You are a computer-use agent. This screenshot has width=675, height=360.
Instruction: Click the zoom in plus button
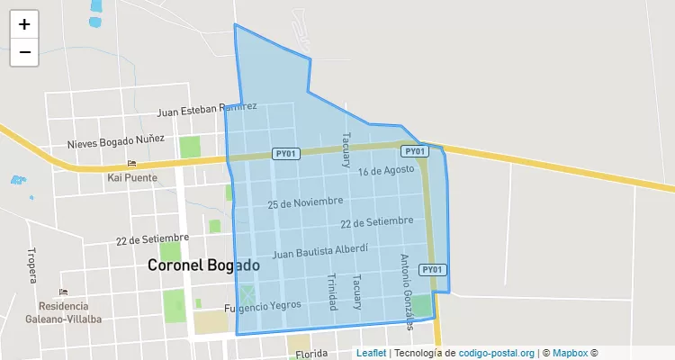tap(24, 24)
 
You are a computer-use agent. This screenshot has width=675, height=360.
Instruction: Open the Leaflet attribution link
tap(371, 353)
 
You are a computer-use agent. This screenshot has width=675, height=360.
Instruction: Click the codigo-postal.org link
tap(497, 353)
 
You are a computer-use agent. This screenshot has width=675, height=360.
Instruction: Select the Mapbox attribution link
tap(570, 353)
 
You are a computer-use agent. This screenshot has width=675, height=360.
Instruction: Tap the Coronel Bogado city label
tap(203, 265)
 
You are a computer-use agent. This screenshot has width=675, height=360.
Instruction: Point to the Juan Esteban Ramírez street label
tap(206, 109)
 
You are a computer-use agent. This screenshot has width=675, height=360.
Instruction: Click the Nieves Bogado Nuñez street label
tap(115, 141)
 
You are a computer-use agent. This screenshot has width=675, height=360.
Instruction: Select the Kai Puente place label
tap(132, 177)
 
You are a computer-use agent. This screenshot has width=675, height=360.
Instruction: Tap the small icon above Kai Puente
tap(132, 163)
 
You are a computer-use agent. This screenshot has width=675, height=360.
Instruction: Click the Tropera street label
tap(31, 265)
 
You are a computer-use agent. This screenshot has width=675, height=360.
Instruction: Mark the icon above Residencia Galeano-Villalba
tap(62, 292)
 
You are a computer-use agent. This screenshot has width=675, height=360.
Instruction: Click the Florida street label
tap(310, 355)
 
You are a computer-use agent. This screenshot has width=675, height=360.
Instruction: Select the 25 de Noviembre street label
tap(305, 202)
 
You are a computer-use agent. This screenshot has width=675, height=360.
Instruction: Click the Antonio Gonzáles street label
tap(406, 291)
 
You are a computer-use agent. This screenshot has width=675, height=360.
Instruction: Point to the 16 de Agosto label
tap(386, 169)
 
